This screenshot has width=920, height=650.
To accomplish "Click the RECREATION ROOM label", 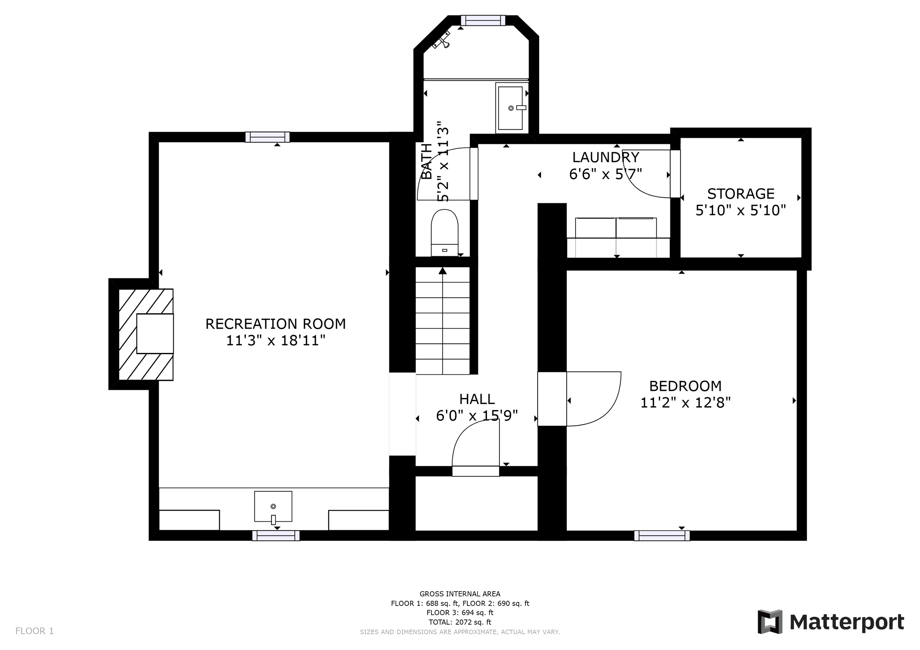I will click(x=275, y=324).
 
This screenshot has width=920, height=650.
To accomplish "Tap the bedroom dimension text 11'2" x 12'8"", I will click(x=685, y=403).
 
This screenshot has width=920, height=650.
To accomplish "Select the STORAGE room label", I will click(x=740, y=194).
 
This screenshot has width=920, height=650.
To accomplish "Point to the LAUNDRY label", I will click(x=605, y=157).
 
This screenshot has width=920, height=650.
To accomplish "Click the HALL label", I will click(x=477, y=399).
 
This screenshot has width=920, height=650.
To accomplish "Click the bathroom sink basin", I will click(x=510, y=108).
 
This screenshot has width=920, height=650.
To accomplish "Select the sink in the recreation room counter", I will click(x=273, y=507).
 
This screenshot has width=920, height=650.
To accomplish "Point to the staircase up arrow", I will click(x=442, y=271).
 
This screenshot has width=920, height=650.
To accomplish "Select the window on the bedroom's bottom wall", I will click(x=662, y=536).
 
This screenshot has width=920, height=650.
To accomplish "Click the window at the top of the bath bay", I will click(x=483, y=21).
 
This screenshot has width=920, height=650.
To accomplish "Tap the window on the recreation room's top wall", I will click(x=267, y=137).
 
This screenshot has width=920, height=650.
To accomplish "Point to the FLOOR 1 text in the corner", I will click(x=35, y=631).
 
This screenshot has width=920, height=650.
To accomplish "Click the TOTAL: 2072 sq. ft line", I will click(x=460, y=622).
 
